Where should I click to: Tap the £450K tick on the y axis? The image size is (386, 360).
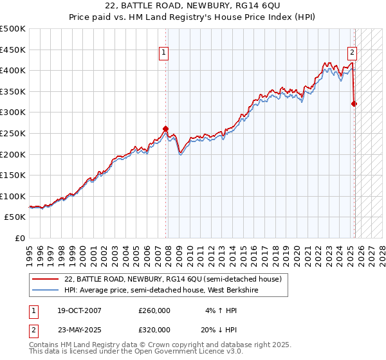coord(14,50)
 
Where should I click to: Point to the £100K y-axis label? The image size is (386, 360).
coord(14,196)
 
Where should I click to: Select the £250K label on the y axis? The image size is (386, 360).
coord(14,133)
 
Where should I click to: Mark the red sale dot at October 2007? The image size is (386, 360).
coord(165,129)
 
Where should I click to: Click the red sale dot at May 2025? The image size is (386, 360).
coord(354,103)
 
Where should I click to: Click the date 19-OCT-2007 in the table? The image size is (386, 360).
coord(78,310)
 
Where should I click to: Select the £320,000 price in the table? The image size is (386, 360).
coord(154,329)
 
